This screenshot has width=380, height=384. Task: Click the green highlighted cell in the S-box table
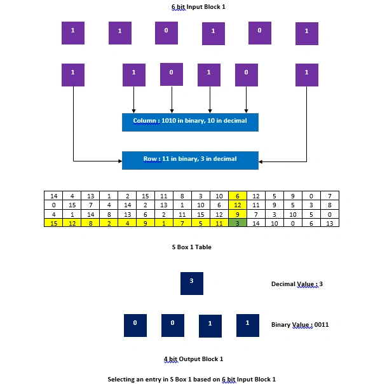(238, 223)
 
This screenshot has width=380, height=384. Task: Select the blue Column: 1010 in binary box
(190, 122)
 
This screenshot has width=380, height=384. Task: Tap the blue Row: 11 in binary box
(190, 160)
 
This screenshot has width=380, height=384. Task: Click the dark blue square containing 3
(192, 284)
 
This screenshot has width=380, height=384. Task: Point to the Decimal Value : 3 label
(297, 284)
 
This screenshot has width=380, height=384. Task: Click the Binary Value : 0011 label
(300, 325)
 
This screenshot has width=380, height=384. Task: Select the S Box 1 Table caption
(192, 247)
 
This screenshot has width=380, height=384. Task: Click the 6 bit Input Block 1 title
(198, 7)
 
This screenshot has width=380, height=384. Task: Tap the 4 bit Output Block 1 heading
(193, 359)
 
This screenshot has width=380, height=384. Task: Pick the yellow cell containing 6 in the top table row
(238, 196)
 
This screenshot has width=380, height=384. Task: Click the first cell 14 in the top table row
(53, 196)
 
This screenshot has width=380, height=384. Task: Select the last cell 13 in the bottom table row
(330, 223)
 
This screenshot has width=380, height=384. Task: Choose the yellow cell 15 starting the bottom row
(53, 223)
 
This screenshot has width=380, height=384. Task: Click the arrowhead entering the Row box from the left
(120, 161)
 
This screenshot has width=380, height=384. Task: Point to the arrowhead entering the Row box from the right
(261, 161)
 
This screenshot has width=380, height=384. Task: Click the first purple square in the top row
(73, 33)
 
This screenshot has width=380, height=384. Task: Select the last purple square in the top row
(307, 34)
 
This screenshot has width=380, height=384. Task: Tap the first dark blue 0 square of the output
(135, 326)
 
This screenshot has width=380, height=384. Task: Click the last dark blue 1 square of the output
(248, 326)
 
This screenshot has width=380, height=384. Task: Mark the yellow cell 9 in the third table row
(238, 214)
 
